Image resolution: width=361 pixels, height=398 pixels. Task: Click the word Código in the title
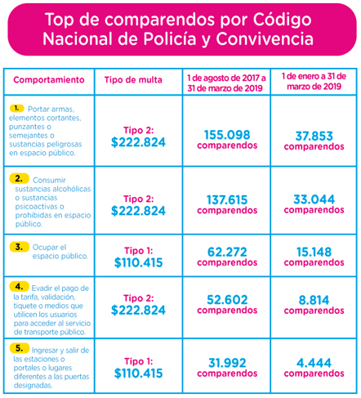tap(282, 20)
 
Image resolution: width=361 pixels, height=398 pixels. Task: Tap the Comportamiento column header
tap(49, 80)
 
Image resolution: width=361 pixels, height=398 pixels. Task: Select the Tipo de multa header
tap(133, 80)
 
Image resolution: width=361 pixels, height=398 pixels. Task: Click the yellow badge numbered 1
tap(17, 109)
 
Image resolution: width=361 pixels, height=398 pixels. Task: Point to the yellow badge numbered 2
tap(19, 178)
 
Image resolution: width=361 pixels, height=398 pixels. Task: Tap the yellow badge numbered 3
tap(19, 247)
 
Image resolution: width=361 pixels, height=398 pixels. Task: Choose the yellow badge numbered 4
tap(19, 286)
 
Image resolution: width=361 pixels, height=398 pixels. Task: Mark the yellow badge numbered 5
tap(19, 348)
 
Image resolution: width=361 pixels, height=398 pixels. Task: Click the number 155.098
tap(227, 135)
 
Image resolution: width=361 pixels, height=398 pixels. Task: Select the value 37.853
tap(314, 136)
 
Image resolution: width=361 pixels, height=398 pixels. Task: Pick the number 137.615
tap(227, 199)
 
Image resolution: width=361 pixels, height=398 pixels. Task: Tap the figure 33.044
tap(314, 199)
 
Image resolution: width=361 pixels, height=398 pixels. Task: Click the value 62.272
tap(227, 252)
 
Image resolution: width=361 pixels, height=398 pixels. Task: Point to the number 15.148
tap(314, 252)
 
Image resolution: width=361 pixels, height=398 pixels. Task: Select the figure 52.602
tap(227, 300)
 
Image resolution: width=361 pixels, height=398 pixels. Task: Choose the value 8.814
tap(314, 300)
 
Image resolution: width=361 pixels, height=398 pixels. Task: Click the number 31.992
tap(227, 363)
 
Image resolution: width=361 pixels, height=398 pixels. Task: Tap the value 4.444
tap(314, 363)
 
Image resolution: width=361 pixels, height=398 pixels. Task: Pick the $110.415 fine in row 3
tap(138, 262)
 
